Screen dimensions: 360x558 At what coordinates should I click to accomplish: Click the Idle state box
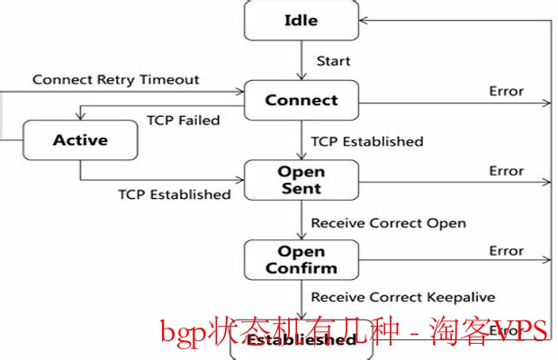[x=301, y=21]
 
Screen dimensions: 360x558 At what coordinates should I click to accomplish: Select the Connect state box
[x=301, y=100]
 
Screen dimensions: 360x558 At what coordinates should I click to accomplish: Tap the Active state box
[x=79, y=139]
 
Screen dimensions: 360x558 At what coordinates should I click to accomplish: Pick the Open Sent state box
[x=301, y=180]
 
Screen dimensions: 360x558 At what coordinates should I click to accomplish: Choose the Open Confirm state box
[x=301, y=259]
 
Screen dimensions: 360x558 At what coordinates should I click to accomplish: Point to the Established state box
[x=301, y=341]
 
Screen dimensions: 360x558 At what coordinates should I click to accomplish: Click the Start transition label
[x=333, y=61]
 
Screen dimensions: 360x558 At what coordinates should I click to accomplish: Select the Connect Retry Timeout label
[x=116, y=79]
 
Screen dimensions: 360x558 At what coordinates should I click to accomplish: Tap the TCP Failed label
[x=184, y=121]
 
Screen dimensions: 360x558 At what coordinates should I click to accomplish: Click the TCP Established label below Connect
[x=366, y=141]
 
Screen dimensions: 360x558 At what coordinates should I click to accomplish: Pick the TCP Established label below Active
[x=174, y=193]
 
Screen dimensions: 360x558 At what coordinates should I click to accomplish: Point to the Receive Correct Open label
[x=388, y=221]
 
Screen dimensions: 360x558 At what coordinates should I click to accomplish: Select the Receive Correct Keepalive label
[x=402, y=296]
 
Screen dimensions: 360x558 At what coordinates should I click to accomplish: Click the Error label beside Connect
[x=506, y=91]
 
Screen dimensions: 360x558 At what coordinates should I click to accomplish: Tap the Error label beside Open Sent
[x=506, y=171]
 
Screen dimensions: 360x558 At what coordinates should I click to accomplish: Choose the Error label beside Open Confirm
[x=506, y=250]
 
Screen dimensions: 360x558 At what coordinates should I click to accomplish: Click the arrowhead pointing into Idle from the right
[x=364, y=21]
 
